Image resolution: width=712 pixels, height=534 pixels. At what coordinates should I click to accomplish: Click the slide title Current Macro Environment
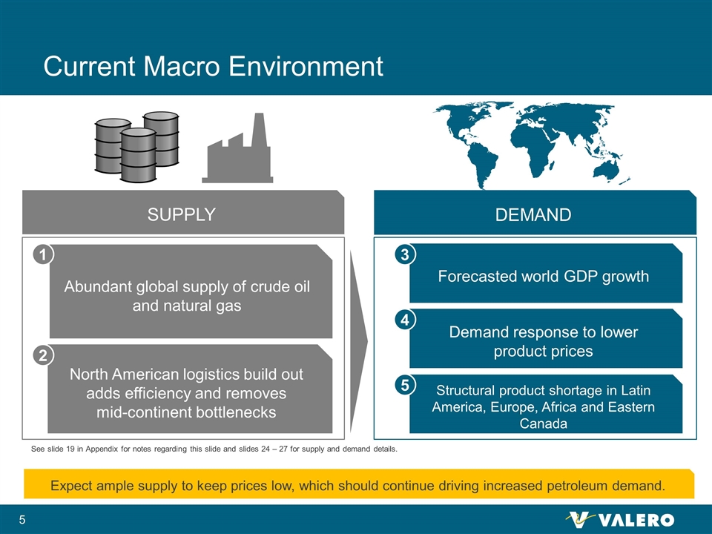pyautogui.click(x=213, y=66)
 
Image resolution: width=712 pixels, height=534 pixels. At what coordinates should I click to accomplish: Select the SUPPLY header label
pyautogui.click(x=181, y=214)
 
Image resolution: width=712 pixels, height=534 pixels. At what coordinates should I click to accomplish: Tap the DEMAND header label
pyautogui.click(x=533, y=215)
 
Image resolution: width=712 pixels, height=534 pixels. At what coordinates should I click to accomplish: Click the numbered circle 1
pyautogui.click(x=43, y=254)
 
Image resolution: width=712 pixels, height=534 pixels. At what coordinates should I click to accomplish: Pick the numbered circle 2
pyautogui.click(x=43, y=355)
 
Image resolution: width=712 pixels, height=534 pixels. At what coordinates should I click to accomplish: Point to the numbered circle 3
pyautogui.click(x=405, y=254)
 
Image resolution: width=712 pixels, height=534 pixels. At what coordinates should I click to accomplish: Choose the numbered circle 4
pyautogui.click(x=405, y=320)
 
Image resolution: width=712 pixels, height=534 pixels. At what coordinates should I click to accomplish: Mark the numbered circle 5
pyautogui.click(x=405, y=385)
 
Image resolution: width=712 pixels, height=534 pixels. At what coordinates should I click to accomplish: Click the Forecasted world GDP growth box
pyautogui.click(x=546, y=273)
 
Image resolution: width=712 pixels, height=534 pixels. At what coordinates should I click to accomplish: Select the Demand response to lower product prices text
pyautogui.click(x=544, y=341)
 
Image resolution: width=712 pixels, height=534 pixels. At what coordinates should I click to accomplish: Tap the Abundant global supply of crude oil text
pyautogui.click(x=187, y=286)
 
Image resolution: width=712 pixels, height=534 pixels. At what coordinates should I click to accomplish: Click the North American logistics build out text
pyautogui.click(x=186, y=374)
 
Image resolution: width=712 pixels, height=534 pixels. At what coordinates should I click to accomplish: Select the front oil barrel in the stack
pyautogui.click(x=138, y=155)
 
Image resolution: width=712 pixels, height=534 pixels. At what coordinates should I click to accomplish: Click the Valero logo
pyautogui.click(x=620, y=519)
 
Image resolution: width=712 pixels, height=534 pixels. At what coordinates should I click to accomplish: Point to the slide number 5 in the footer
pyautogui.click(x=22, y=520)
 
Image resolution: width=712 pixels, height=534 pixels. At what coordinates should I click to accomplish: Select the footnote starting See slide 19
pyautogui.click(x=214, y=449)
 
